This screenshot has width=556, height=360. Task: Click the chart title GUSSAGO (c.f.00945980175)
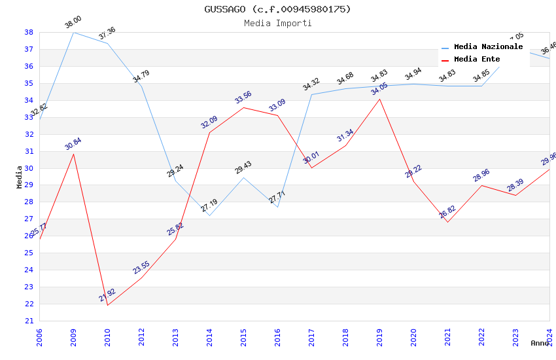point(277,9)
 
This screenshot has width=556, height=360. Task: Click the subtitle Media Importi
point(277,23)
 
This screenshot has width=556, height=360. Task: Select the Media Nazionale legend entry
point(488,47)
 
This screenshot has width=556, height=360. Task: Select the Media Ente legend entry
point(476,59)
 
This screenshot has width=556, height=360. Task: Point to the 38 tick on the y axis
point(29,32)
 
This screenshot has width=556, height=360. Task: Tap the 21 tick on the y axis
point(29,321)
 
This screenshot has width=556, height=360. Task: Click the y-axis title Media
point(19,176)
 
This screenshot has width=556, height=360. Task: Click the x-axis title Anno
point(540,343)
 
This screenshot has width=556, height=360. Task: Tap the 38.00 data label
point(73,23)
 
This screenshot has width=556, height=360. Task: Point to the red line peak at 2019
point(379,99)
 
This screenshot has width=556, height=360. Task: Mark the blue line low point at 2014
point(209,215)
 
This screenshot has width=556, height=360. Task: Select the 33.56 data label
point(243,98)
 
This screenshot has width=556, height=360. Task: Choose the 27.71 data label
point(277,197)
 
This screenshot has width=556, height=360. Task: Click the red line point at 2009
point(73,154)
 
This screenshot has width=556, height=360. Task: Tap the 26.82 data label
point(447,212)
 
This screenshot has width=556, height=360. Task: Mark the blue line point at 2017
point(311,94)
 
